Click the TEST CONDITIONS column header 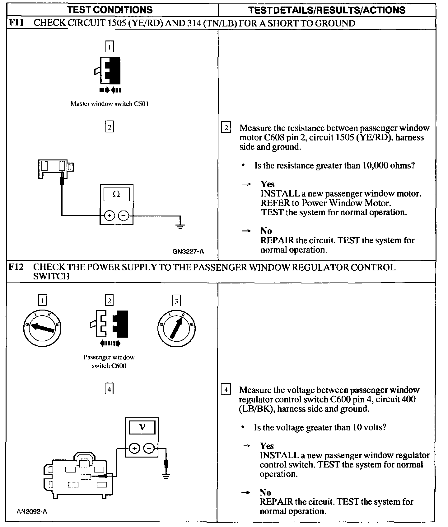[110, 10]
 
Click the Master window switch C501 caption [109, 104]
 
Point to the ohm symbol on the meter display [116, 194]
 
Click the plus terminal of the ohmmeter [109, 216]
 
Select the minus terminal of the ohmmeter [124, 216]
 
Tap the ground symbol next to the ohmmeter [180, 226]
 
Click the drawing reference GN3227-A [188, 251]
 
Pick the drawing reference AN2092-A [32, 511]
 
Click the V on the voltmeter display [142, 427]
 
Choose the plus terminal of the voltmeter [134, 449]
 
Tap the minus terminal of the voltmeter [149, 449]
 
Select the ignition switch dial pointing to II [176, 328]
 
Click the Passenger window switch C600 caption [109, 361]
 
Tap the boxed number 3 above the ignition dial [176, 301]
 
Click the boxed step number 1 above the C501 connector [110, 47]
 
